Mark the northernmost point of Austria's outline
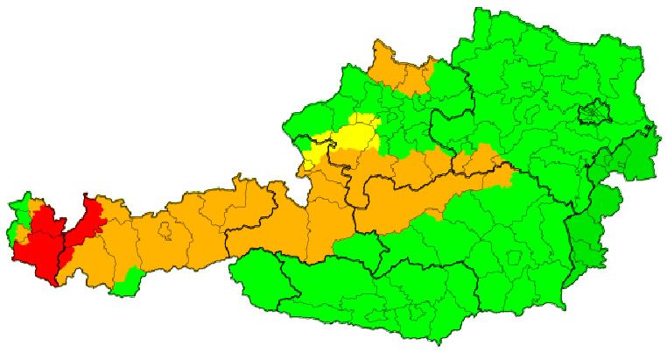(478, 10)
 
